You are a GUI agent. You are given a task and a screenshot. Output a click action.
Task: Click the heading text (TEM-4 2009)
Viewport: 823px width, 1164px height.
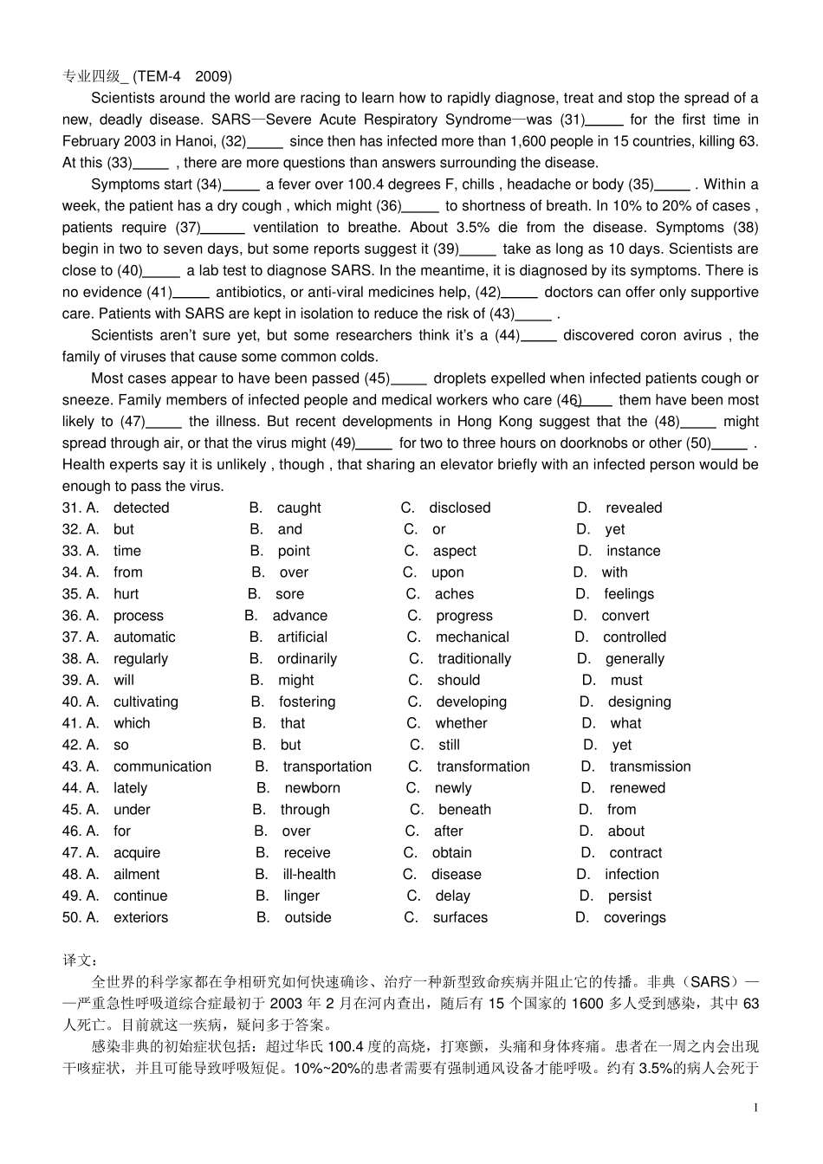click(183, 76)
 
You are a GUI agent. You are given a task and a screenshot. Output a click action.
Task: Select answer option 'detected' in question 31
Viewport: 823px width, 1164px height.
click(141, 508)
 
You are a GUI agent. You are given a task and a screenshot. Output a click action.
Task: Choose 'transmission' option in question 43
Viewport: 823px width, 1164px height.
click(650, 766)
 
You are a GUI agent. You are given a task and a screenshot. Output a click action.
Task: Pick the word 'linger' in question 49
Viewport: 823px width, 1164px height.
click(301, 896)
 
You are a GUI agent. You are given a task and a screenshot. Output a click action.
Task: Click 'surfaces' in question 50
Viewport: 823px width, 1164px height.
click(460, 917)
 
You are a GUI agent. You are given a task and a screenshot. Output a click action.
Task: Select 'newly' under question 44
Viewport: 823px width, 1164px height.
click(453, 788)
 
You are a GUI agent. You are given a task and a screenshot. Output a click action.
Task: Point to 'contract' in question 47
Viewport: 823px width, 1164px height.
click(635, 853)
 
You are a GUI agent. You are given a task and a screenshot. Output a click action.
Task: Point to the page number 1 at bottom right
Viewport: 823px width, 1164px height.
click(755, 1108)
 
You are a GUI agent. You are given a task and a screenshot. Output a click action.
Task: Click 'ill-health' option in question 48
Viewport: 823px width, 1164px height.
click(309, 875)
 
